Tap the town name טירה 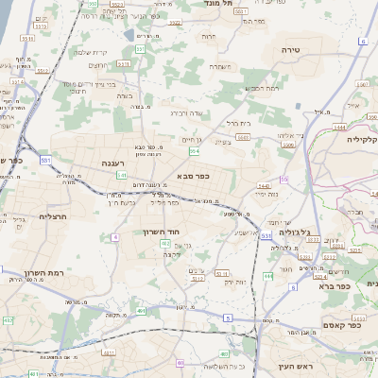point(290,46)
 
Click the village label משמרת point(219,66)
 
